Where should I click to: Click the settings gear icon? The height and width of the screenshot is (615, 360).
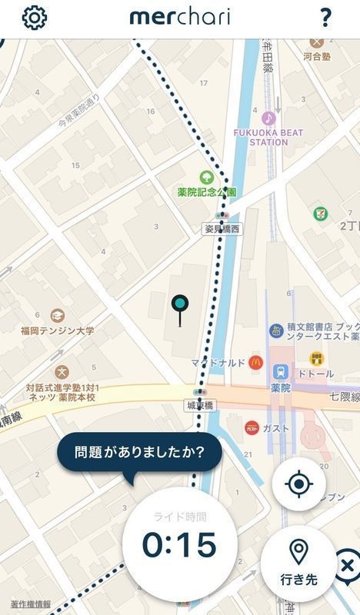(34, 18)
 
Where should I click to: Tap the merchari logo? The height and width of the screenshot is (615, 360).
(179, 17)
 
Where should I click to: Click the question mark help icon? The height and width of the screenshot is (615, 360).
(325, 18)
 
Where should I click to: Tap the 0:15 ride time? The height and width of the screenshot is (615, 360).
(179, 544)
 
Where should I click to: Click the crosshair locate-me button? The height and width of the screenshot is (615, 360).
(298, 484)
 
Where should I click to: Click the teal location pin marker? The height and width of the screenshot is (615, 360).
(180, 306)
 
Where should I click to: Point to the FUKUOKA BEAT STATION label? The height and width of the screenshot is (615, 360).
(268, 137)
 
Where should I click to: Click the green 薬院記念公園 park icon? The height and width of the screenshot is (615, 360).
(206, 177)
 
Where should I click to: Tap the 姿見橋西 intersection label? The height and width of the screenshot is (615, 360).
(222, 228)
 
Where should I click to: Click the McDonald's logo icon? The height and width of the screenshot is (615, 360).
(255, 361)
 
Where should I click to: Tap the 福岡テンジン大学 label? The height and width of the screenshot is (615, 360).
(58, 331)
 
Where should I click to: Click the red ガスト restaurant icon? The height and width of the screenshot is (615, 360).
(252, 427)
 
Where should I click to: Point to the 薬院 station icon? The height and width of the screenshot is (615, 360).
(281, 371)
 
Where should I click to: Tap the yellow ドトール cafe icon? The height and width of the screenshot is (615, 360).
(316, 358)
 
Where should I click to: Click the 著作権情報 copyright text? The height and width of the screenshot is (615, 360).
(31, 603)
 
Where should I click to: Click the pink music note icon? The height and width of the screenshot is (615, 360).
(268, 118)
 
